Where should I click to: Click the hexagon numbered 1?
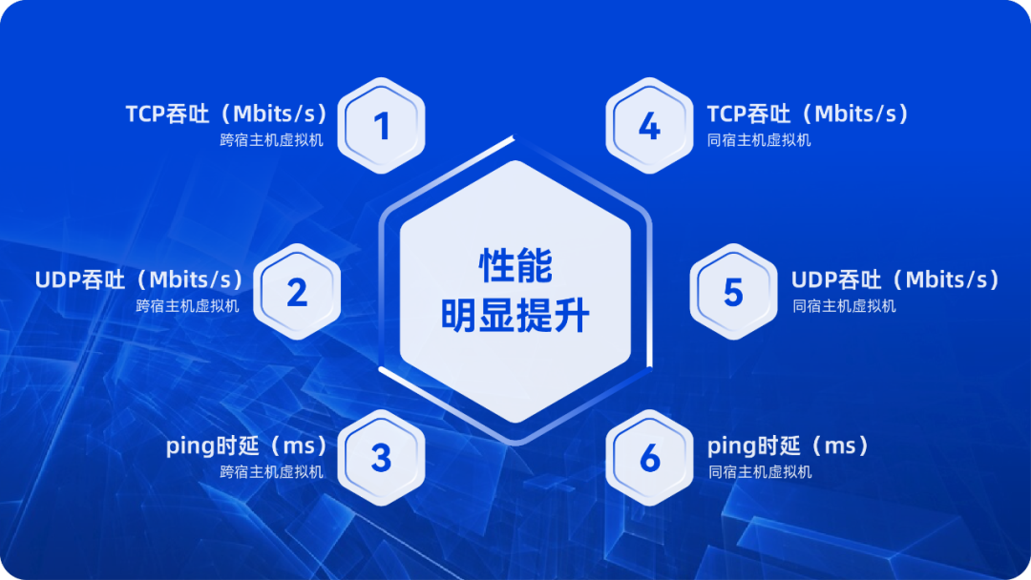coord(381,126)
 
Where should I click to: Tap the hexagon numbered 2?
coord(297,292)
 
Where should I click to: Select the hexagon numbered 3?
coord(381,458)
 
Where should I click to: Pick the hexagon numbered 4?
coord(650,126)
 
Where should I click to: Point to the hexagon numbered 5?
coord(734,292)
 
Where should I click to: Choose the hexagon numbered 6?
coord(650,458)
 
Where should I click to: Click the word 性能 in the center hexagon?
coord(515,266)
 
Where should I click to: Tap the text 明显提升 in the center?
coord(515,316)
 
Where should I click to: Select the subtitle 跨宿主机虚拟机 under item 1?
coord(271,140)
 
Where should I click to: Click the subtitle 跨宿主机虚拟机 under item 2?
coord(187,306)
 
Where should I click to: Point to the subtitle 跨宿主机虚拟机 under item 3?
coord(271,472)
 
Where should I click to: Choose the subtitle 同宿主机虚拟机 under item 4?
coord(759,140)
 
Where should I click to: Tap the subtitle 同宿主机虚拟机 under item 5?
coord(844,306)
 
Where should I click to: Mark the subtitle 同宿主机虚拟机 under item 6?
coord(760,472)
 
